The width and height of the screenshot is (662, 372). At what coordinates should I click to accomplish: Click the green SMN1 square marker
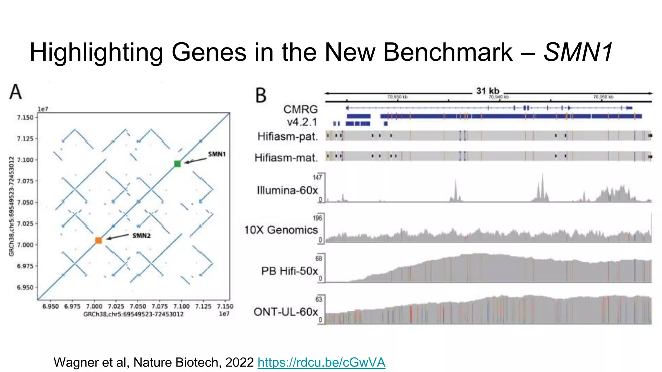pos(177,164)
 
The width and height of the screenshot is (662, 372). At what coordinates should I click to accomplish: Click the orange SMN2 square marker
pos(99,240)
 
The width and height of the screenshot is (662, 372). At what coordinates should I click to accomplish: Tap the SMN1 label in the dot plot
pos(217,154)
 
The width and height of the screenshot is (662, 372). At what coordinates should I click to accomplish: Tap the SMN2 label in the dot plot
pos(141,235)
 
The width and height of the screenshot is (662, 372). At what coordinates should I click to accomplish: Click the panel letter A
pos(16,92)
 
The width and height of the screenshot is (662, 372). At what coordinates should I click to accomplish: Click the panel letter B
pos(261,96)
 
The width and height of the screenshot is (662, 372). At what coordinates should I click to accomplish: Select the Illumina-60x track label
pos(287,190)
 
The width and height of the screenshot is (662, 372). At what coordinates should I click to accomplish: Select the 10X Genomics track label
pos(281,230)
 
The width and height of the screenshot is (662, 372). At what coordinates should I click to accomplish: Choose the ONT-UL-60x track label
pos(286,312)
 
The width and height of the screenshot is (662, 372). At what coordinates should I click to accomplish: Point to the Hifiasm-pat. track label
pos(287,136)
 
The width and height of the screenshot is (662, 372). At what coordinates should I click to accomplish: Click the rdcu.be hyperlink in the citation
pos(321,362)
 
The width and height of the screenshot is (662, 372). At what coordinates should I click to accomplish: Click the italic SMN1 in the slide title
pos(578,52)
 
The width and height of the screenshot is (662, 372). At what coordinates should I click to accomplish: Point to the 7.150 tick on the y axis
pos(25,118)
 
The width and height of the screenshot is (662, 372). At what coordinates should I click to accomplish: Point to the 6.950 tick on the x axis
pos(51,306)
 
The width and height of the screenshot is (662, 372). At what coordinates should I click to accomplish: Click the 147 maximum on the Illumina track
pos(317,177)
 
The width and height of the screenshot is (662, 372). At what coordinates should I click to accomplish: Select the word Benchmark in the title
pos(448,52)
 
